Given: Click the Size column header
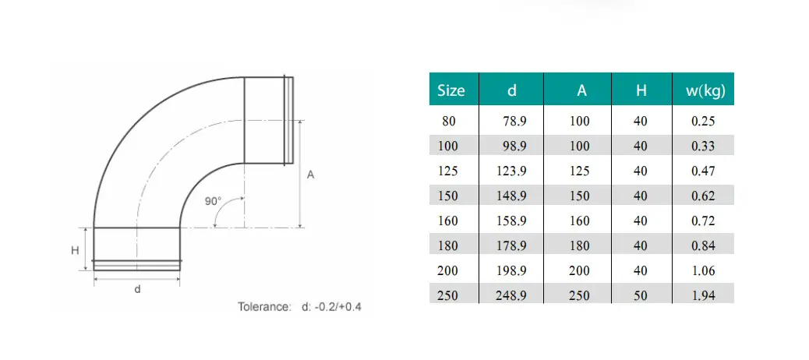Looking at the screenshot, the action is click(451, 90).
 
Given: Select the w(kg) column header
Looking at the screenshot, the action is click(705, 90).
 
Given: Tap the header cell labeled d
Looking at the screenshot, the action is click(511, 90).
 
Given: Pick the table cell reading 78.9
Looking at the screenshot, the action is click(514, 122).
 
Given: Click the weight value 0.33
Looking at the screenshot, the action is click(703, 146).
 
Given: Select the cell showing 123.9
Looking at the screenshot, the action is click(511, 171).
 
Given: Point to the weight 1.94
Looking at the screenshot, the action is click(703, 295).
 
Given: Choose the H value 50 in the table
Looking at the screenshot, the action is click(641, 295).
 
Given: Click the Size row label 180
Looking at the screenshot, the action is click(447, 245).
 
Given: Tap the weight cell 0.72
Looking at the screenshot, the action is click(703, 221).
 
